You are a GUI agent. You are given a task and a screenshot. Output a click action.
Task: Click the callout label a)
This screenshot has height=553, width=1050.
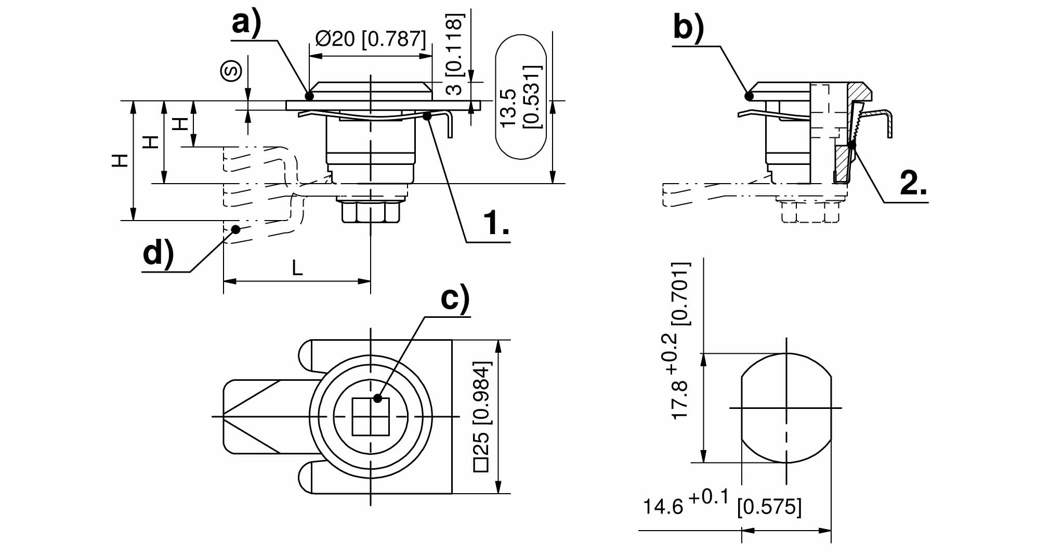pos(246,24)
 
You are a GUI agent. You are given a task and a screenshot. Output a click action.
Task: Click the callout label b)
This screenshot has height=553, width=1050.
pos(688,27)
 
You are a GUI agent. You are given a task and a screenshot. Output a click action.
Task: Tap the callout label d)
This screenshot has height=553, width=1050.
pos(158,254)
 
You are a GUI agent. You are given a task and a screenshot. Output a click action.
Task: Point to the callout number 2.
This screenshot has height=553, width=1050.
pos(913,184)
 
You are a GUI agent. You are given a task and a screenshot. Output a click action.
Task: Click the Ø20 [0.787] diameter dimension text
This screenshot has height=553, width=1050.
pos(370,39)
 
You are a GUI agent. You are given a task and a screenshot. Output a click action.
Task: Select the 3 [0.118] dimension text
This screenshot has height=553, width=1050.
pos(454,54)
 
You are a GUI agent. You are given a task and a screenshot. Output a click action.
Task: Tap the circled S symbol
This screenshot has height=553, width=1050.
pos(232,71)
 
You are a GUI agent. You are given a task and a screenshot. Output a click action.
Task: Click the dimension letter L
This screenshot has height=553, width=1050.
pos(297,268)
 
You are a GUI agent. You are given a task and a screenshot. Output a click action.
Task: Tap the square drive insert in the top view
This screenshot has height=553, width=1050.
pos(371,416)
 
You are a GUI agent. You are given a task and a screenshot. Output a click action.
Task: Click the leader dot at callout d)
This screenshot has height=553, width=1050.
pos(236,229)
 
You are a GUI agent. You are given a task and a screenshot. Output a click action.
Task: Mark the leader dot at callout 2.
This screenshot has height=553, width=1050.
pos(851,145)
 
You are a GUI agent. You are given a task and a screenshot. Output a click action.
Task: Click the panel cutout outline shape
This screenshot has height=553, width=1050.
pos(786,408)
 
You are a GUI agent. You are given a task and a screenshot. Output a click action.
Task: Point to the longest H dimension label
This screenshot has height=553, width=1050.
pos(121,160)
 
